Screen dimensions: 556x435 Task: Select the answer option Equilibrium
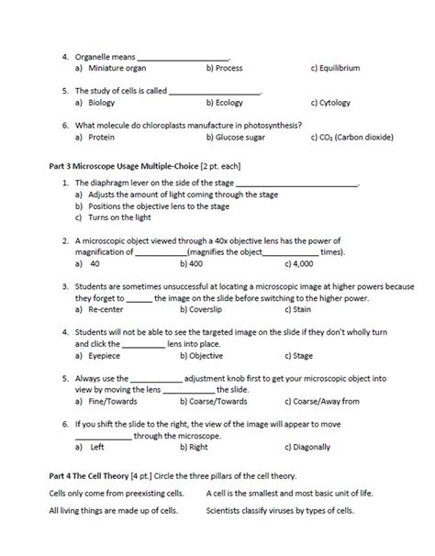341,69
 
